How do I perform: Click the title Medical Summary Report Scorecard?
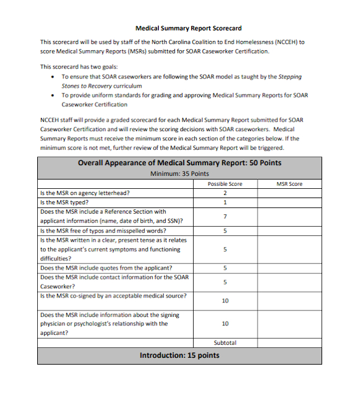[188, 28]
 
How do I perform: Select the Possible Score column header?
[225, 184]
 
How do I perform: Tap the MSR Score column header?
[290, 184]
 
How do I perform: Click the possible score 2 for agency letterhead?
[225, 193]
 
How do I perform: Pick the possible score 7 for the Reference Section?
[225, 216]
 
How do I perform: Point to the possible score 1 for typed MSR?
[225, 202]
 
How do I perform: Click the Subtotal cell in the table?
[225, 342]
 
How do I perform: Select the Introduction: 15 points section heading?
[179, 355]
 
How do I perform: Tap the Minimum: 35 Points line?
[179, 174]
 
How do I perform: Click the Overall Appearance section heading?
[179, 163]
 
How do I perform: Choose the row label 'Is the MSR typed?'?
[64, 202]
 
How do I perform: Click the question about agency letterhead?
[84, 193]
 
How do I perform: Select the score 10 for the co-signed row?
[225, 301]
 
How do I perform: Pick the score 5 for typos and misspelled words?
[225, 230]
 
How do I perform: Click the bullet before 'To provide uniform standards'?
[53, 96]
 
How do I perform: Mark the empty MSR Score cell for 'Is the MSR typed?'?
[290, 202]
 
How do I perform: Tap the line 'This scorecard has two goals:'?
[79, 66]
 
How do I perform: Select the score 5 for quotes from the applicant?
[225, 268]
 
